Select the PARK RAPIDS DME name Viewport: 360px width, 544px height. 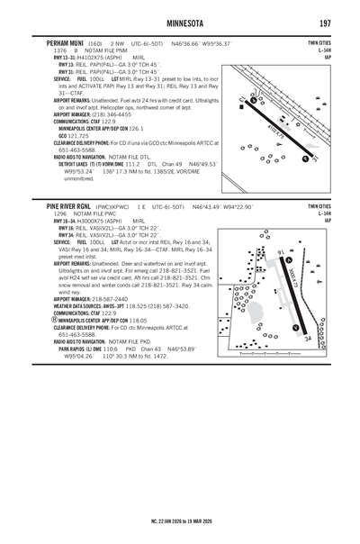coord(85,349)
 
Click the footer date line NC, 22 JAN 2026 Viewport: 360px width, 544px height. coord(180,520)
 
